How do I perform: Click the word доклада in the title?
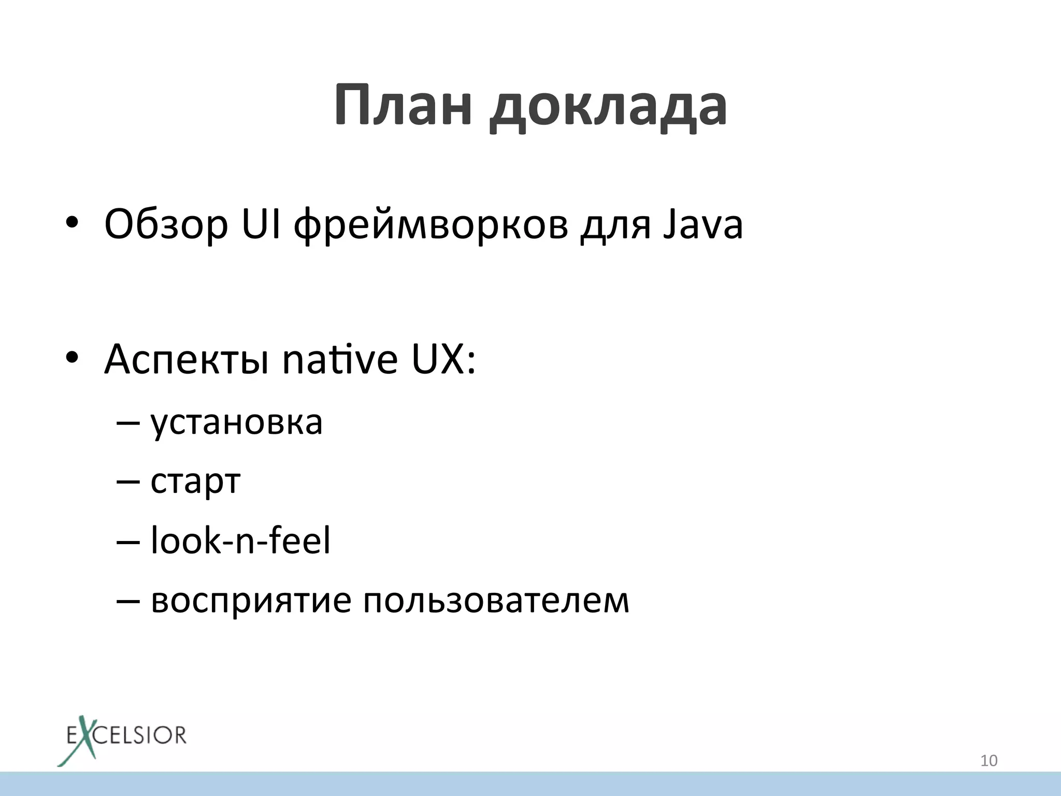point(609,109)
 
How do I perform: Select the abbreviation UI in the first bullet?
point(262,224)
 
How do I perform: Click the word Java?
point(703,224)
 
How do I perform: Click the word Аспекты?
point(187,360)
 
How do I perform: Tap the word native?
point(340,359)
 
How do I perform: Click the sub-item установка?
point(237,423)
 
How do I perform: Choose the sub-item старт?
point(196,482)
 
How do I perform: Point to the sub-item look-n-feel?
point(240,540)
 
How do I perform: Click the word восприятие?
point(251,601)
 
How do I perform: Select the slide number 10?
point(989,761)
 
